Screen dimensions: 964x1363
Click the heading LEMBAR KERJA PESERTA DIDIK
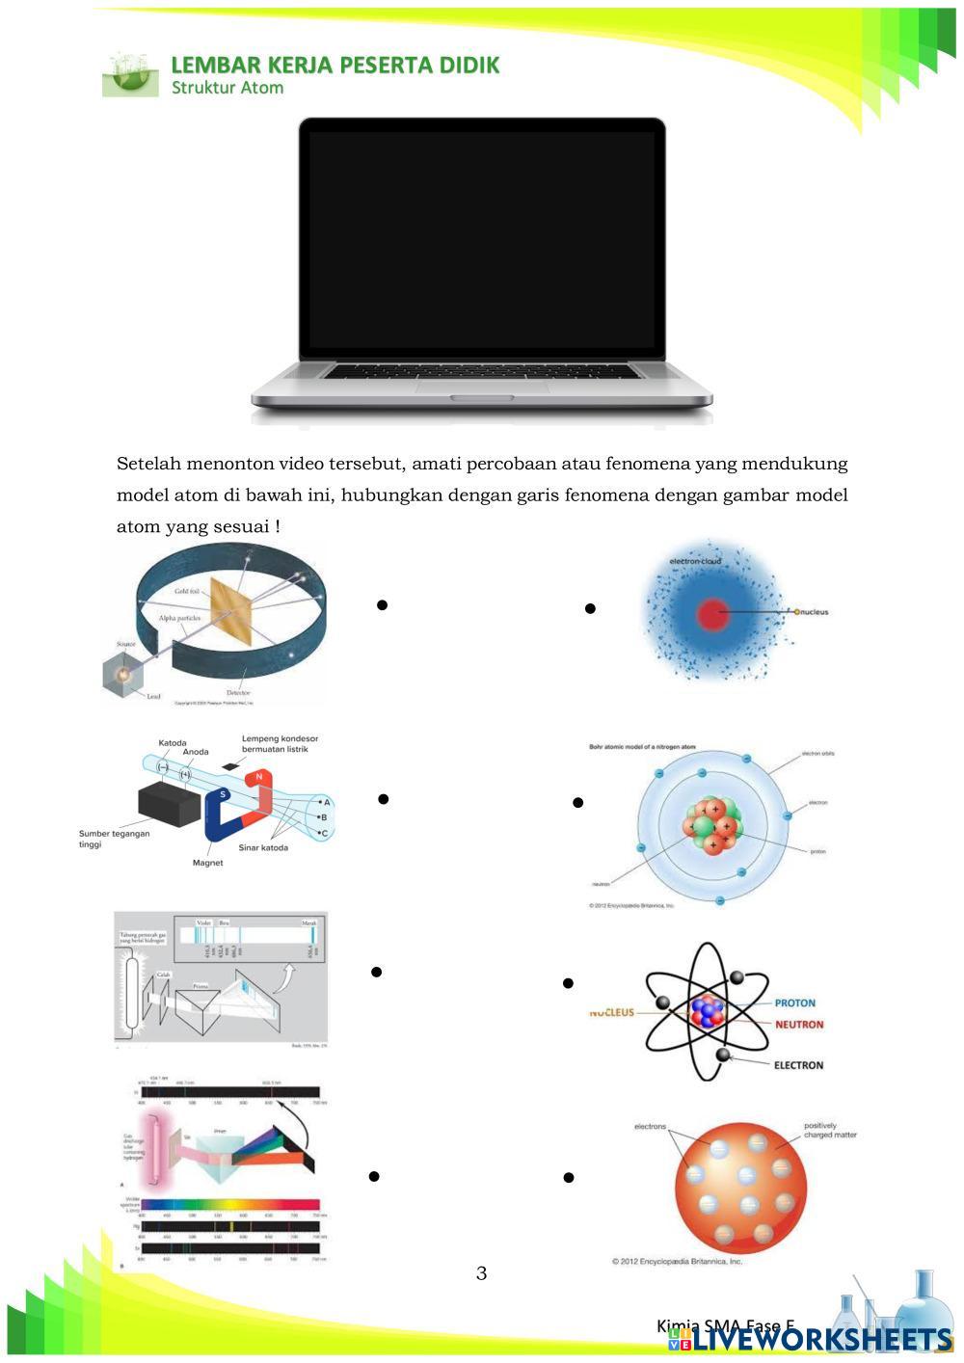coord(335,66)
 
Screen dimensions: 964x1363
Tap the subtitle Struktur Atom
coord(228,88)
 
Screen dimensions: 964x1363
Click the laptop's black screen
coord(482,241)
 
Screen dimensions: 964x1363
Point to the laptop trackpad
coord(482,386)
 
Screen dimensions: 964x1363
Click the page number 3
coord(481,1273)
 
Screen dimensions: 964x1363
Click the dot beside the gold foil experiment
coord(382,605)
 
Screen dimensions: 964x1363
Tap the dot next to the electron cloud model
coord(590,608)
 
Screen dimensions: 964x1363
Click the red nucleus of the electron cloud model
coord(712,614)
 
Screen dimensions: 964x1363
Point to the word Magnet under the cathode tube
coord(207,863)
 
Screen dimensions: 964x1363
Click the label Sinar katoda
coord(263,847)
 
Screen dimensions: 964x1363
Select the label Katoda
coord(173,743)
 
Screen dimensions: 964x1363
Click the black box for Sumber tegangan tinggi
coord(170,803)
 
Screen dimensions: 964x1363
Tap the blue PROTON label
coord(794,1003)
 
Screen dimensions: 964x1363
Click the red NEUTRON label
coord(799,1025)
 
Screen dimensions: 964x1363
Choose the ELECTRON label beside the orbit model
coord(798,1065)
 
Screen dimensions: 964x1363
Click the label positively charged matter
coord(830,1130)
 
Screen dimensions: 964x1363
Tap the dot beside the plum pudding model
coord(568,1177)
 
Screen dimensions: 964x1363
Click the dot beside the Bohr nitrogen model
coord(577,802)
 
